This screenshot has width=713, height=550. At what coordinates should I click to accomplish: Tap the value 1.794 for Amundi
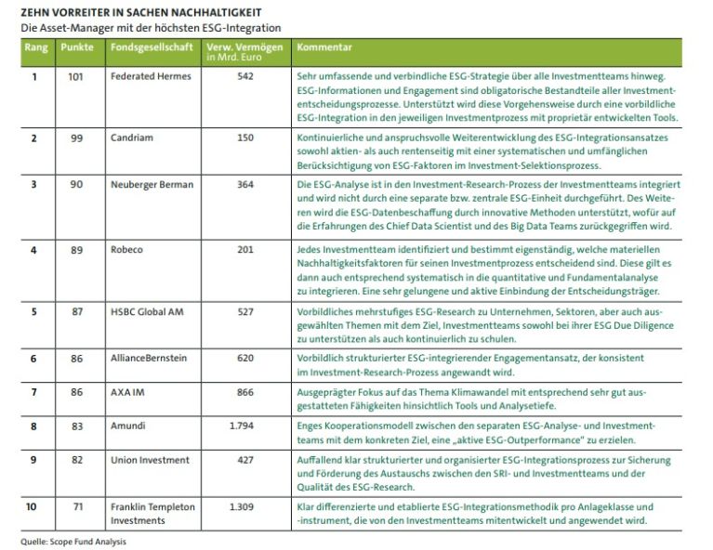click(242, 426)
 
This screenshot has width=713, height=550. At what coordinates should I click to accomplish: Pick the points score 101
click(76, 76)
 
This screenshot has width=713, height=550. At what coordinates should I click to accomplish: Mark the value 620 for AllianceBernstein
click(245, 358)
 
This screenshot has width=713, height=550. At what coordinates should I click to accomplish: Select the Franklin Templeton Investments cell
click(153, 514)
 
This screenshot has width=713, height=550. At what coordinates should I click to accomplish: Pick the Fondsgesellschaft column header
click(150, 46)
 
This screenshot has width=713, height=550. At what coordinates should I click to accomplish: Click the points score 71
click(76, 507)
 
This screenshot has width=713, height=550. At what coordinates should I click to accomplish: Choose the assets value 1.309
click(242, 507)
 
